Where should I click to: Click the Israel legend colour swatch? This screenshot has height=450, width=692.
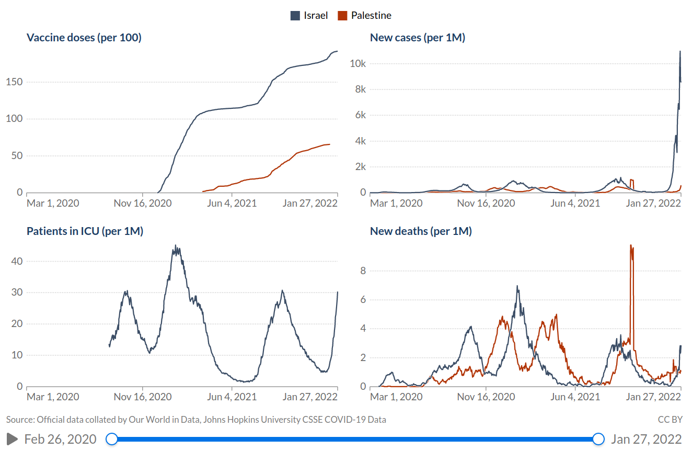tap(295, 16)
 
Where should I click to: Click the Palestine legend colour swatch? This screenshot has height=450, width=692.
tap(342, 16)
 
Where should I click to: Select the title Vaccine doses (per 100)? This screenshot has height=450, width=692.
tap(84, 38)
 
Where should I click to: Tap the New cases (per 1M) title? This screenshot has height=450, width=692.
tap(417, 38)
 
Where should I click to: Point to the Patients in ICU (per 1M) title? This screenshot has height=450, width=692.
tap(85, 231)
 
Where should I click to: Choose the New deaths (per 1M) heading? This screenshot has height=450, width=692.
tap(421, 231)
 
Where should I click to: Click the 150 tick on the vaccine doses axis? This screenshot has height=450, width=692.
tap(14, 82)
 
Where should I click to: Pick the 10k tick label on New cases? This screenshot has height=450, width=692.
tap(357, 64)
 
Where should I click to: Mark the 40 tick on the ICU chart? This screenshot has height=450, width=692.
tap(17, 261)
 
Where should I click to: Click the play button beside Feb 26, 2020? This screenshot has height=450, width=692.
tap(12, 439)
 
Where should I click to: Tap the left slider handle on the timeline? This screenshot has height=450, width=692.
tap(112, 439)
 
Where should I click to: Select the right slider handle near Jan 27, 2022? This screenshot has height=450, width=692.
tap(598, 439)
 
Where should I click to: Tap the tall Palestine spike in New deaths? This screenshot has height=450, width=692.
tap(631, 246)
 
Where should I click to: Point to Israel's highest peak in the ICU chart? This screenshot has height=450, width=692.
tap(176, 246)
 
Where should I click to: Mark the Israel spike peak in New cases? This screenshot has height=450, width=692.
tap(679, 52)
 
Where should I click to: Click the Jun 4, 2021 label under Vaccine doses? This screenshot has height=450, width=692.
tap(232, 203)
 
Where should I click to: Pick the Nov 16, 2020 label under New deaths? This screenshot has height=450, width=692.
tap(486, 397)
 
